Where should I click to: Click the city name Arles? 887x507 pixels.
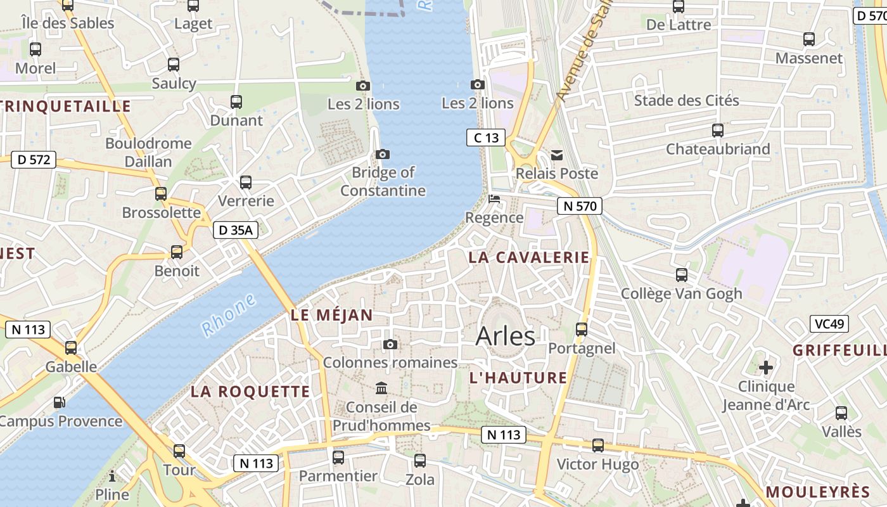(x=505, y=337)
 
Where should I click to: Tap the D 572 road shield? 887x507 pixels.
(x=34, y=160)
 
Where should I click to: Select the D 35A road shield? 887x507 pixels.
(x=236, y=230)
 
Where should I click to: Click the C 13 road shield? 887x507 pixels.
(x=486, y=138)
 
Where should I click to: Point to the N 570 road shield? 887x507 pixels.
(x=579, y=205)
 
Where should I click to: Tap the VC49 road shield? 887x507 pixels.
(x=829, y=324)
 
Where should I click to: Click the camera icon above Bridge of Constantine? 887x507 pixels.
(x=383, y=154)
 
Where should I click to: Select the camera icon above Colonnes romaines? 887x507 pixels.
(x=390, y=344)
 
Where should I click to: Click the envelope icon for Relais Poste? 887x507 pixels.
(x=557, y=155)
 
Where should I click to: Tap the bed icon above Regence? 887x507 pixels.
(x=494, y=199)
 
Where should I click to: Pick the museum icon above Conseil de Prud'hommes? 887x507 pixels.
(x=381, y=388)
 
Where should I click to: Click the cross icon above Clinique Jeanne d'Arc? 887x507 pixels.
(x=766, y=367)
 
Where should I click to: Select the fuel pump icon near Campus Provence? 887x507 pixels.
(x=58, y=402)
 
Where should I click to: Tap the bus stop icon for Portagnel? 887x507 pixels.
(x=581, y=329)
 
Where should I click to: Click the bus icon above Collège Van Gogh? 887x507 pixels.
(x=681, y=274)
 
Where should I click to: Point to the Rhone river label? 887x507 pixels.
(x=229, y=315)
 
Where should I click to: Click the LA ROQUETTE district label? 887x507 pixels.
(x=250, y=392)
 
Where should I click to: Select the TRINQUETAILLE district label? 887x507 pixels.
(x=66, y=106)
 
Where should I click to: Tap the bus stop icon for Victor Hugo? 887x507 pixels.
(x=597, y=445)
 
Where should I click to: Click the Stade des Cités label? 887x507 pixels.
(x=686, y=100)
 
